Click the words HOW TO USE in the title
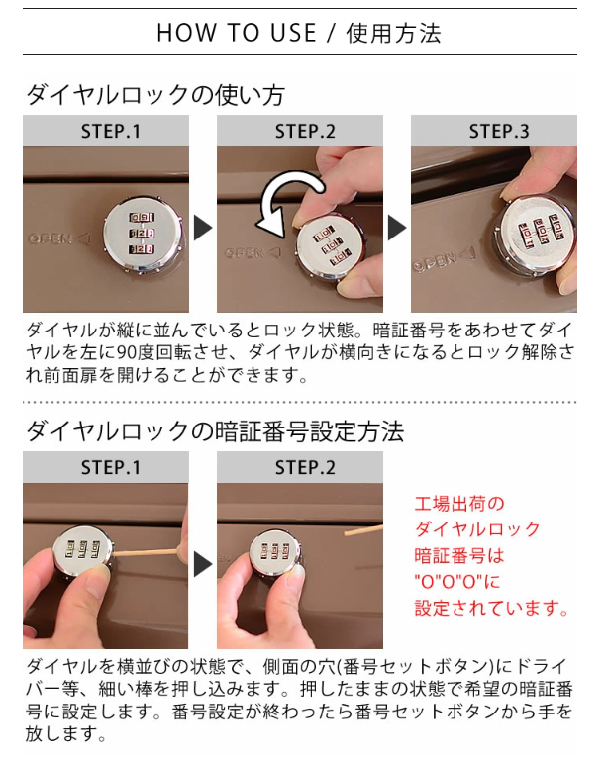pyautogui.click(x=237, y=33)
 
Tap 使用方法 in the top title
pyautogui.click(x=393, y=33)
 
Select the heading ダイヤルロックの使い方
pyautogui.click(x=155, y=95)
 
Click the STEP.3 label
pyautogui.click(x=499, y=131)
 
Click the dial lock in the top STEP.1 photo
pyautogui.click(x=143, y=237)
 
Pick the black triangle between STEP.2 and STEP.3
pyautogui.click(x=397, y=228)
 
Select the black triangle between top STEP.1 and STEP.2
pyautogui.click(x=203, y=228)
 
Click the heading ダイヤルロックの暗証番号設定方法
pyautogui.click(x=215, y=430)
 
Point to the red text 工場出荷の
pyautogui.click(x=459, y=504)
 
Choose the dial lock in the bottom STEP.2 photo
pyautogui.click(x=276, y=551)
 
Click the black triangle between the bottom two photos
pyautogui.click(x=203, y=564)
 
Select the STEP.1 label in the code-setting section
pyautogui.click(x=111, y=468)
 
